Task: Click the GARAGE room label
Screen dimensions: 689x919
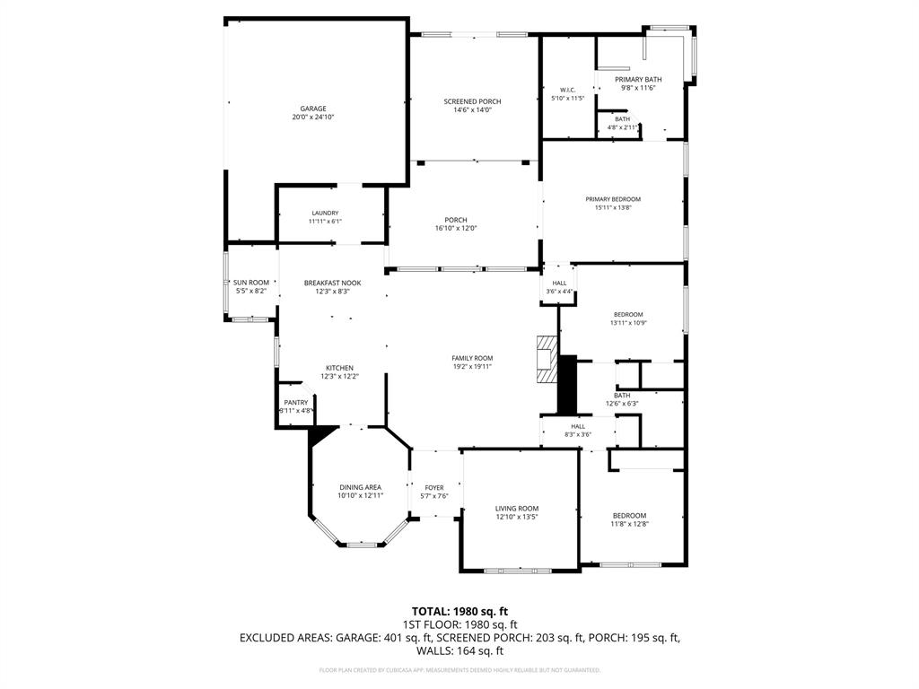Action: (313, 109)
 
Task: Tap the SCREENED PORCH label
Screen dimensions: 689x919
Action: (472, 101)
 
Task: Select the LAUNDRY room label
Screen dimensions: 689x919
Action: (325, 213)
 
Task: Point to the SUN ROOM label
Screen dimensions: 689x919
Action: (251, 283)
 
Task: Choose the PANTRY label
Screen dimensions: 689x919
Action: (296, 402)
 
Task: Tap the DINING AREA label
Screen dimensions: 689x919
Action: (360, 487)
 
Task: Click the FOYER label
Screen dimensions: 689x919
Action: (434, 487)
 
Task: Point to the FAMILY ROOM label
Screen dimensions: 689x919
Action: (472, 358)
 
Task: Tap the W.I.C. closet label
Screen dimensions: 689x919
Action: (567, 90)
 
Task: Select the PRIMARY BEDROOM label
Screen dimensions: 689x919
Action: (613, 199)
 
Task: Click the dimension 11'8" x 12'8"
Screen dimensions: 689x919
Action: (629, 524)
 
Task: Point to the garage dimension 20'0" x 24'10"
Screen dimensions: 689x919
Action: (313, 118)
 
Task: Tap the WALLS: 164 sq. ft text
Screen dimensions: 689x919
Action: (459, 650)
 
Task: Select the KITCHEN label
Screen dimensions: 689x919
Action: (339, 368)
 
